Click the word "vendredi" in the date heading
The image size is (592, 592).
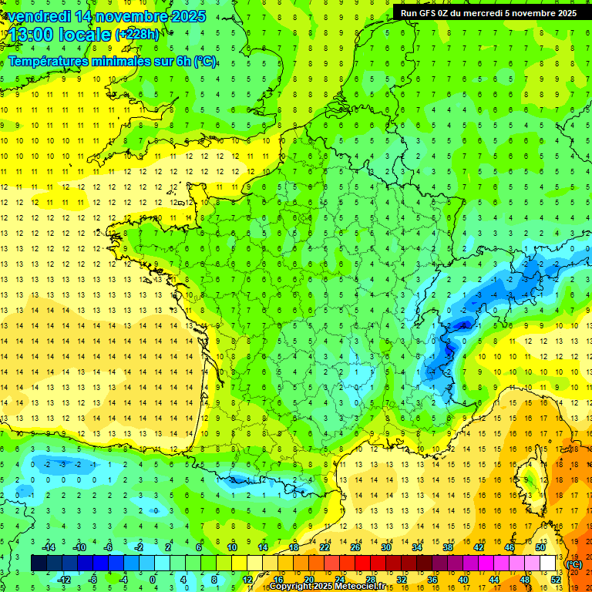pyautogui.click(x=38, y=16)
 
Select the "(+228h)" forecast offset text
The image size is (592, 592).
pyautogui.click(x=137, y=34)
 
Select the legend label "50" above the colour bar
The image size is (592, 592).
pyautogui.click(x=540, y=547)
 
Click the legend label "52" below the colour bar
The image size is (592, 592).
pyautogui.click(x=555, y=580)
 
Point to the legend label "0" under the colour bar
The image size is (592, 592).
pyautogui.click(x=152, y=580)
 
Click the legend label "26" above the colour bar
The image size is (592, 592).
pyautogui.click(x=355, y=547)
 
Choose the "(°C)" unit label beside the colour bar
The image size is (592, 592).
pyautogui.click(x=574, y=565)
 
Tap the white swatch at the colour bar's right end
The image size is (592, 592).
pyautogui.click(x=547, y=563)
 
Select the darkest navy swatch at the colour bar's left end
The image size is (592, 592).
pyautogui.click(x=39, y=563)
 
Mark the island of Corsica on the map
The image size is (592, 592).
pyautogui.click(x=531, y=478)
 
